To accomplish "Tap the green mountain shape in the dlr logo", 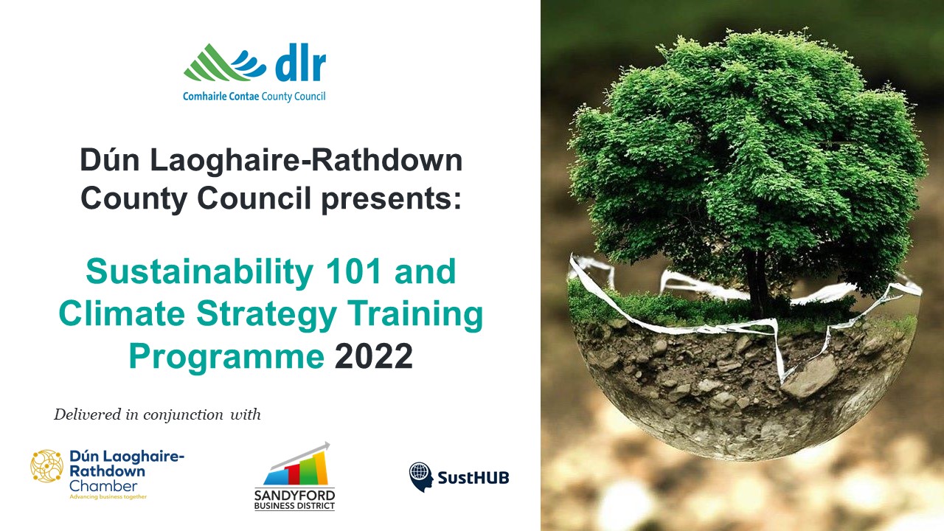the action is (x=211, y=63).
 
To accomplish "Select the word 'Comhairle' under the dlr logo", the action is (x=205, y=96).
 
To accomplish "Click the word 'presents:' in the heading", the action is (x=392, y=198).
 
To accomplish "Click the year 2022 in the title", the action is (x=373, y=356).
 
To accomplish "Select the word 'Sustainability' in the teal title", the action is (x=199, y=272).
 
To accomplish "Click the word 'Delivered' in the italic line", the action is (x=88, y=414).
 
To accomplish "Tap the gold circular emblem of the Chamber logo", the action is (x=46, y=466).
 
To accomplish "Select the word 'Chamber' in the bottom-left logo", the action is (x=103, y=486).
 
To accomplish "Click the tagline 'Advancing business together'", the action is (x=108, y=497).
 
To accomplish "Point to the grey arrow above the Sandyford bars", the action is (x=300, y=455).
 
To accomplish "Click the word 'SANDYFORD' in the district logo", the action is (x=294, y=495).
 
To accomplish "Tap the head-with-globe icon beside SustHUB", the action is (x=420, y=477).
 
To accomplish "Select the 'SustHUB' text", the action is (x=473, y=478).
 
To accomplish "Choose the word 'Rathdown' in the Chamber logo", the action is (x=107, y=471).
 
